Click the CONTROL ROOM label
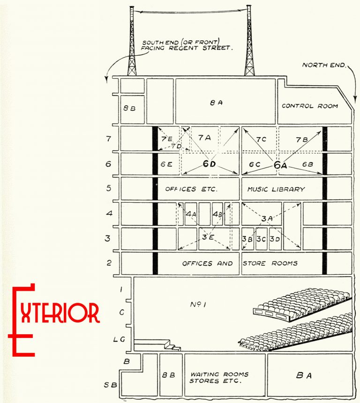309,106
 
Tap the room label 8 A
216,103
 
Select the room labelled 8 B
130,108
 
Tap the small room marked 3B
247,239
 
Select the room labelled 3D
275,239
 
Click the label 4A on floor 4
191,214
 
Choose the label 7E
166,139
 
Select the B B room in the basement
168,375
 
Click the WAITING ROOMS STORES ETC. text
219,377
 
